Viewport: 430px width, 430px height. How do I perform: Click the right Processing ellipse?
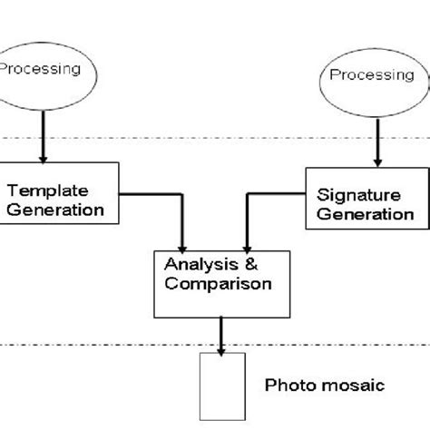(x=369, y=78)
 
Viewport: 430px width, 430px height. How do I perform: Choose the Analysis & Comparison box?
(x=218, y=281)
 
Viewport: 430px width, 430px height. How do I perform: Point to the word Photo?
(x=284, y=386)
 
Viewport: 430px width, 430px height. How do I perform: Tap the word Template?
(x=47, y=191)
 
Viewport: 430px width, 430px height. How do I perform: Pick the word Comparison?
(x=218, y=283)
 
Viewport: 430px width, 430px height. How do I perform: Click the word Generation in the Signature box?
(x=365, y=215)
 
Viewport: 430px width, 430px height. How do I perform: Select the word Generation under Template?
(x=56, y=210)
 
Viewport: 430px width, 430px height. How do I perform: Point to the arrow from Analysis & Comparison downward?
(x=221, y=334)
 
